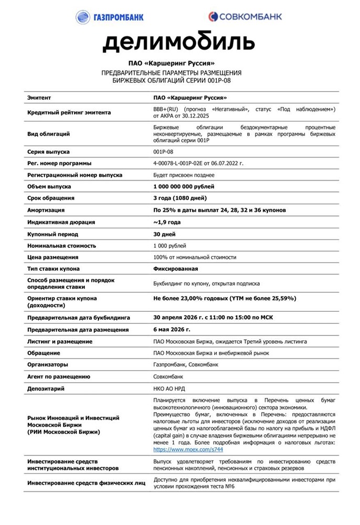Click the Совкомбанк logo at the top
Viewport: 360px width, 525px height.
pyautogui.click(x=245, y=16)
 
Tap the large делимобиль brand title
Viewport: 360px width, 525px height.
pyautogui.click(x=179, y=41)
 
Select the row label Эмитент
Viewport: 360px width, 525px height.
pyautogui.click(x=41, y=98)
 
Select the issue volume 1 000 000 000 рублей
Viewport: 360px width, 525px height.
pyautogui.click(x=184, y=186)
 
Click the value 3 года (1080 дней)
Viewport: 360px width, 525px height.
pyautogui.click(x=179, y=198)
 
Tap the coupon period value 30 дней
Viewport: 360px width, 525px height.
pyautogui.click(x=164, y=234)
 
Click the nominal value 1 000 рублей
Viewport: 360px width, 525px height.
pyautogui.click(x=170, y=245)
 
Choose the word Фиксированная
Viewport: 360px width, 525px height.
pyautogui.click(x=175, y=269)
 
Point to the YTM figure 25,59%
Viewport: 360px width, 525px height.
pyautogui.click(x=282, y=298)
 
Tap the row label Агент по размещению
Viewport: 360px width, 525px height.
pyautogui.click(x=58, y=377)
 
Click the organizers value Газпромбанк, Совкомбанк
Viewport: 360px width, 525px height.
pyautogui.click(x=186, y=365)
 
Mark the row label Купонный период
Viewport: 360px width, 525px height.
pyautogui.click(x=52, y=234)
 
